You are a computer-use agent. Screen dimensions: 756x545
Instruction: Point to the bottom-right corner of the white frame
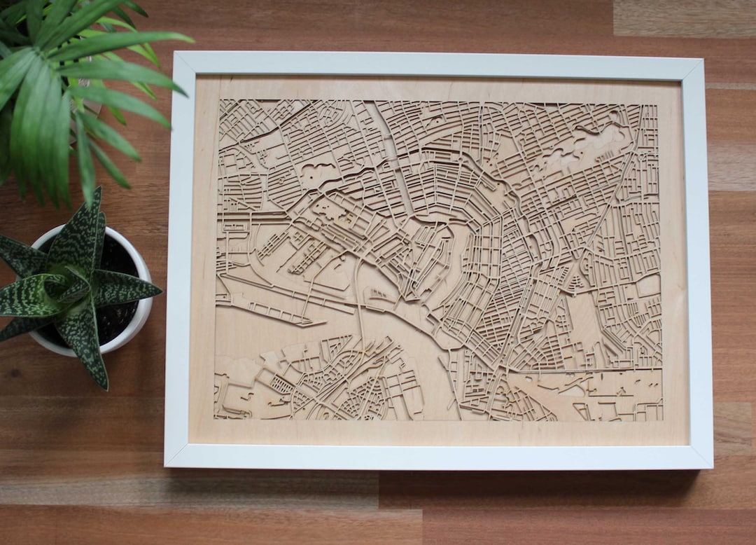[x=712, y=467]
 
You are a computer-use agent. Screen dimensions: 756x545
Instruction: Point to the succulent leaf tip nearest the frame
[x=161, y=289]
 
